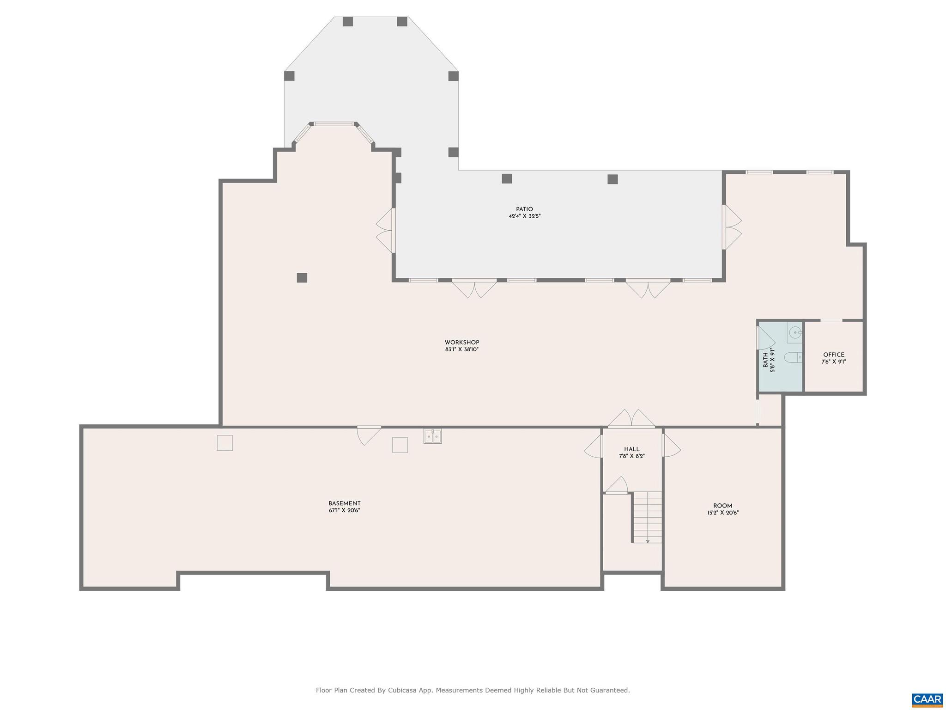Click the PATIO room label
click(x=524, y=209)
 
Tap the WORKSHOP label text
click(x=462, y=343)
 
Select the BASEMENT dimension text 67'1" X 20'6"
click(x=344, y=510)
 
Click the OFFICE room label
click(x=834, y=355)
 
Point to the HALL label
click(x=631, y=449)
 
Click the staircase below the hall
click(x=648, y=517)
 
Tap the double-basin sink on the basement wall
click(x=432, y=436)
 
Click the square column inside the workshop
click(x=302, y=278)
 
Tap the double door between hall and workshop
click(x=631, y=419)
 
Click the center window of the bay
click(x=334, y=124)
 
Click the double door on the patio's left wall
click(x=386, y=230)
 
